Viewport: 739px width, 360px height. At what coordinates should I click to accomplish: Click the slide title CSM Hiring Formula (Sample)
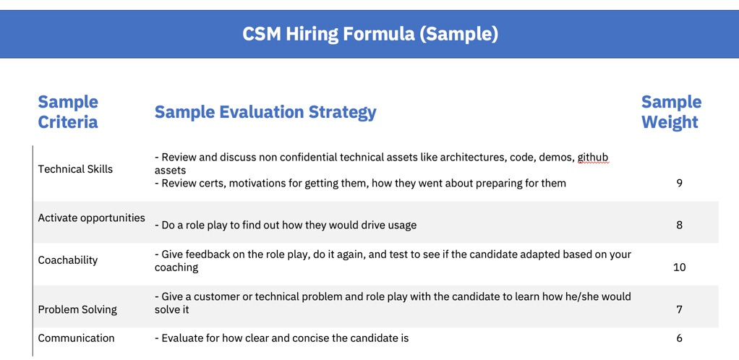[x=369, y=34]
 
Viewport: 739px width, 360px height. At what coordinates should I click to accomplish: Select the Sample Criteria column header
[x=68, y=112]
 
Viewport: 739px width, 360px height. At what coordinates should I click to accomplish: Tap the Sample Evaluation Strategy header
[x=265, y=112]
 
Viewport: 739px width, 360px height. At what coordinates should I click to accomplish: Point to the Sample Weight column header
[x=671, y=112]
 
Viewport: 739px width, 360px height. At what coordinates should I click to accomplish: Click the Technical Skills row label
[x=75, y=169]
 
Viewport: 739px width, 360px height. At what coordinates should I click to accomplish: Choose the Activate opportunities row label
[x=91, y=218]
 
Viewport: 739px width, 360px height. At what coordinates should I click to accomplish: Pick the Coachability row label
[x=67, y=260]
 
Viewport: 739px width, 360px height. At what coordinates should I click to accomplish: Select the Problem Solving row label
[x=77, y=309]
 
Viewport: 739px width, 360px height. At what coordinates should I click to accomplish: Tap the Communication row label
[x=76, y=338]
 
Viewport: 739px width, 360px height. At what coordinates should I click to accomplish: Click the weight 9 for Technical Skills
[x=679, y=183]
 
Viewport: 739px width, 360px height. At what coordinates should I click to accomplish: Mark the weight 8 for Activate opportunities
[x=679, y=225]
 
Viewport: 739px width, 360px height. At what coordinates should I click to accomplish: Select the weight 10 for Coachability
[x=679, y=267]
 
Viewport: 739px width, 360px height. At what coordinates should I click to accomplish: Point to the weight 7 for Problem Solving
[x=679, y=309]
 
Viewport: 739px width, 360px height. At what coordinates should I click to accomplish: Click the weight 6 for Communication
[x=679, y=338]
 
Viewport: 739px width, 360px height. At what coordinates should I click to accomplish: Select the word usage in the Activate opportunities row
[x=400, y=225]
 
